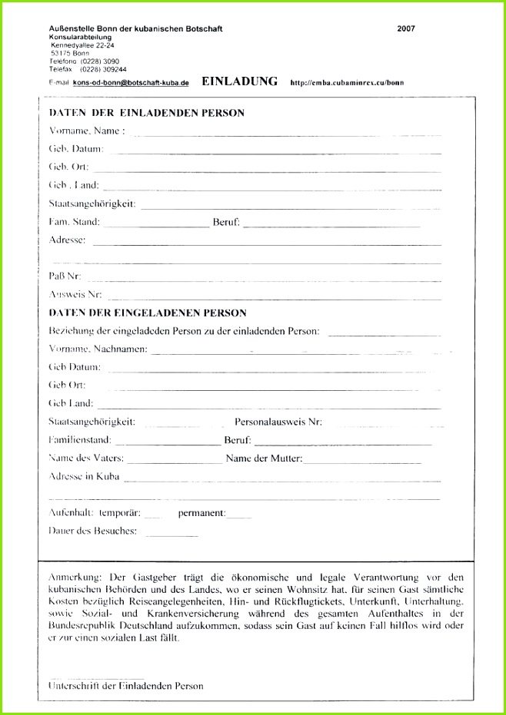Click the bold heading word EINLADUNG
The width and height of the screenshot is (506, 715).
pos(239,81)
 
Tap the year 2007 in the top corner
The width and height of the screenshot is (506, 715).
pos(406,29)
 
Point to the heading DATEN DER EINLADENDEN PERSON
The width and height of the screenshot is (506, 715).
pos(147,113)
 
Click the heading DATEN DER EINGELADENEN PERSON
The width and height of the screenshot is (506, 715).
pos(148,313)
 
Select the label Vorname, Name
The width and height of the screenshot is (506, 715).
pos(86,131)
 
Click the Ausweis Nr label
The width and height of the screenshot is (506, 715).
pos(75,293)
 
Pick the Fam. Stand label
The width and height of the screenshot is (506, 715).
pos(74,221)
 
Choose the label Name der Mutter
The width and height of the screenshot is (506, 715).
pos(264,458)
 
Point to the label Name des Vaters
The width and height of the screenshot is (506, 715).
pos(85,458)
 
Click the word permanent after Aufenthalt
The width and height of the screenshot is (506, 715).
pos(201,512)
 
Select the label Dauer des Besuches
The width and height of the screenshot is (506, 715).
pos(92,530)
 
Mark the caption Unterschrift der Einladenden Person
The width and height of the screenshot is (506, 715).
pos(125,685)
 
